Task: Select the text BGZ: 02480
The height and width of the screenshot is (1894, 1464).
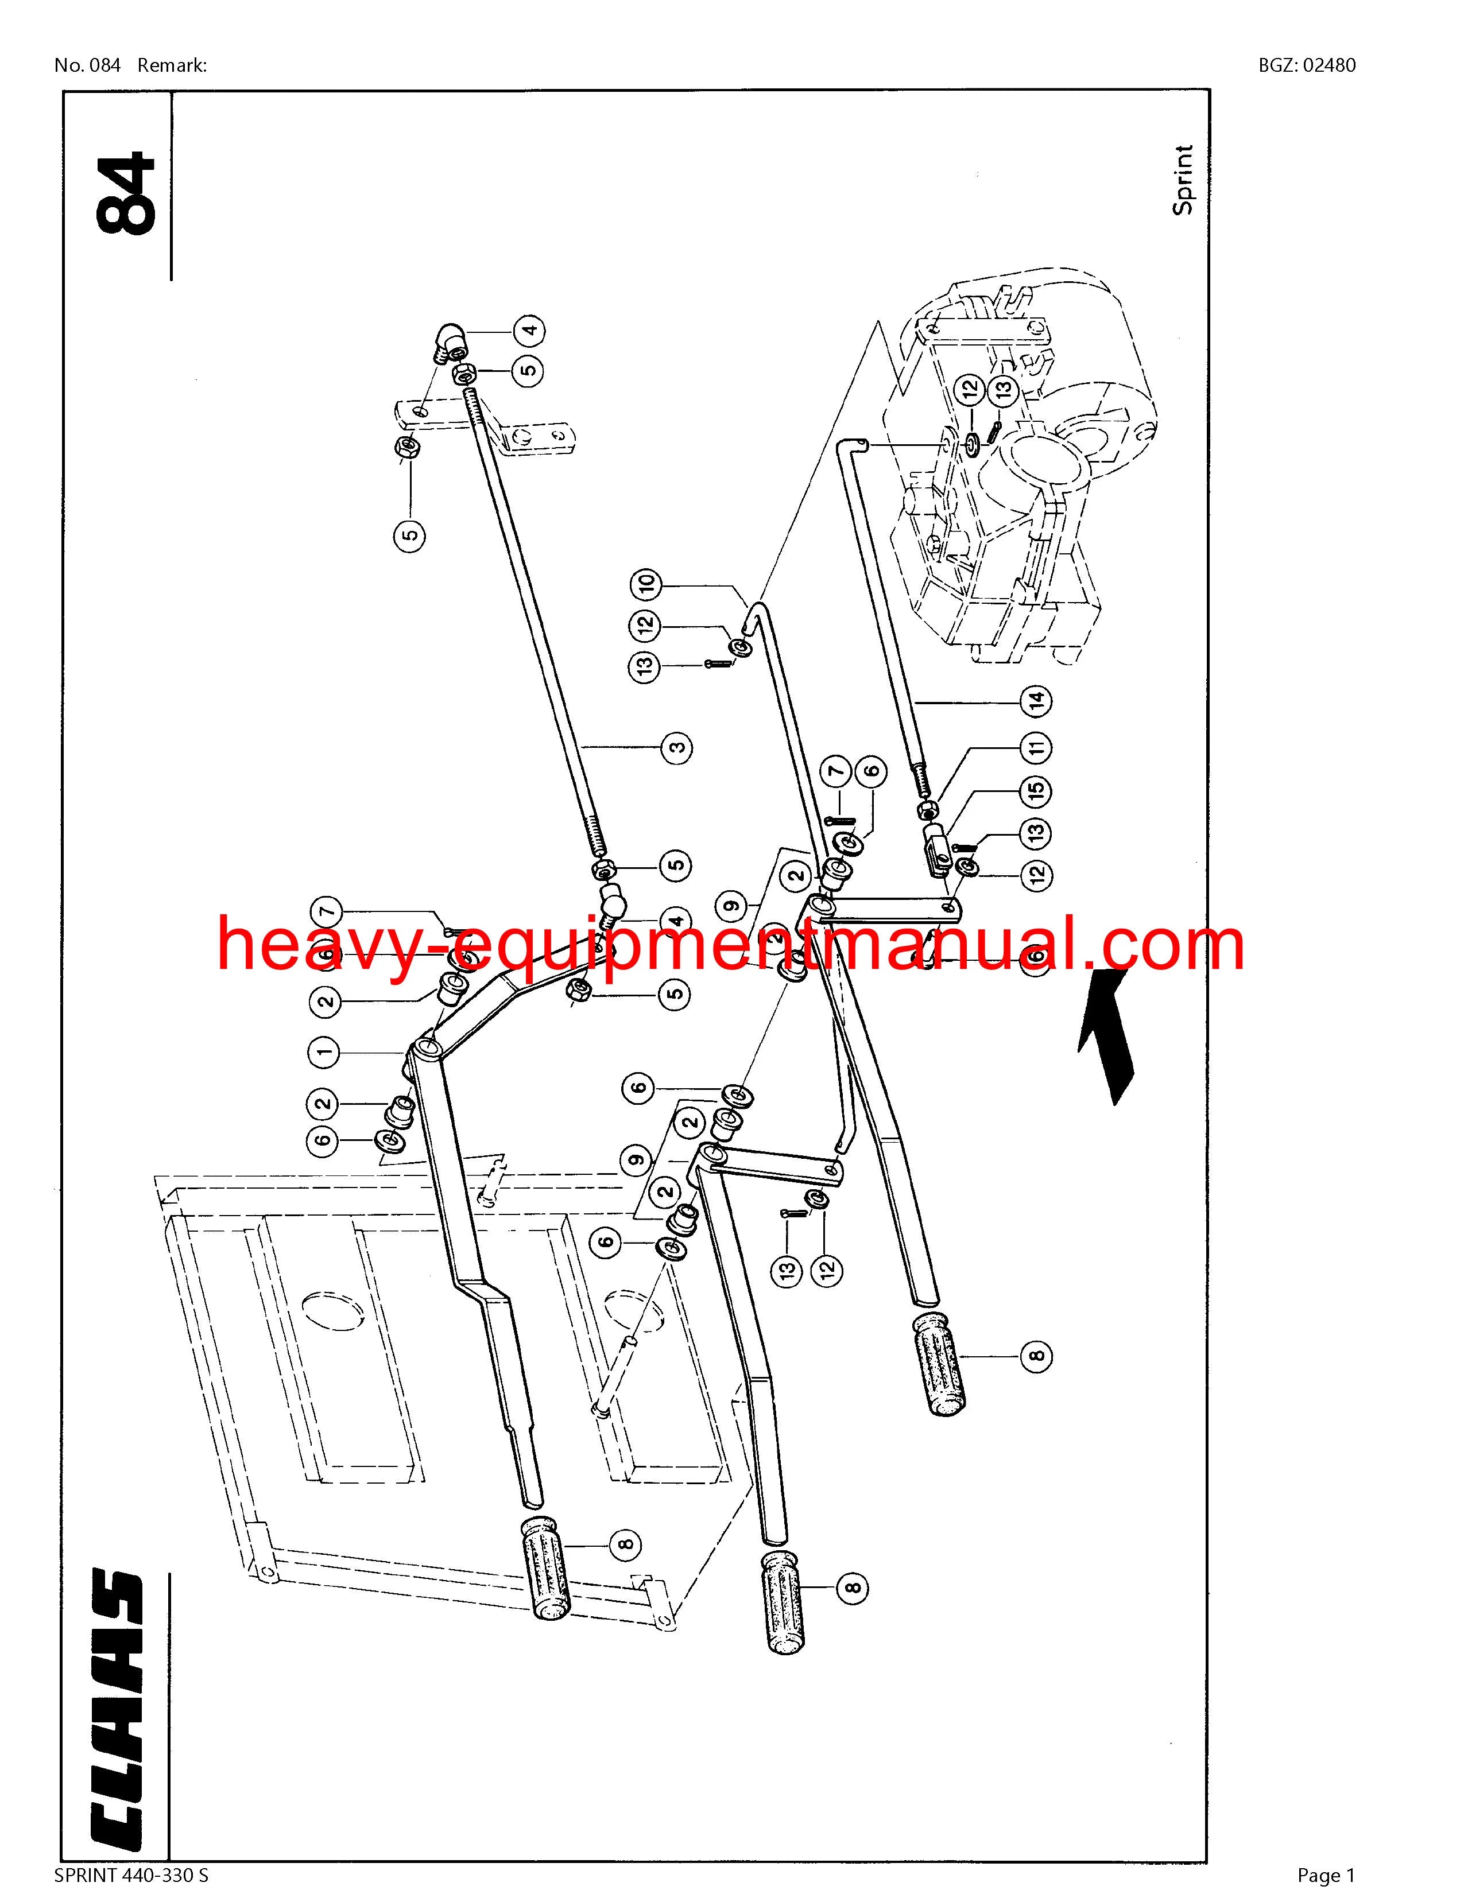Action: (1307, 65)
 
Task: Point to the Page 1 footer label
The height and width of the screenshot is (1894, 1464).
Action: (1325, 1876)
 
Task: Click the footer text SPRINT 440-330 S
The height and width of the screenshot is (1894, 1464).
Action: (131, 1876)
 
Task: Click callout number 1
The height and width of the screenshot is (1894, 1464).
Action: (325, 1053)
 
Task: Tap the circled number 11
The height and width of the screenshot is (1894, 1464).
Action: (1036, 747)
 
